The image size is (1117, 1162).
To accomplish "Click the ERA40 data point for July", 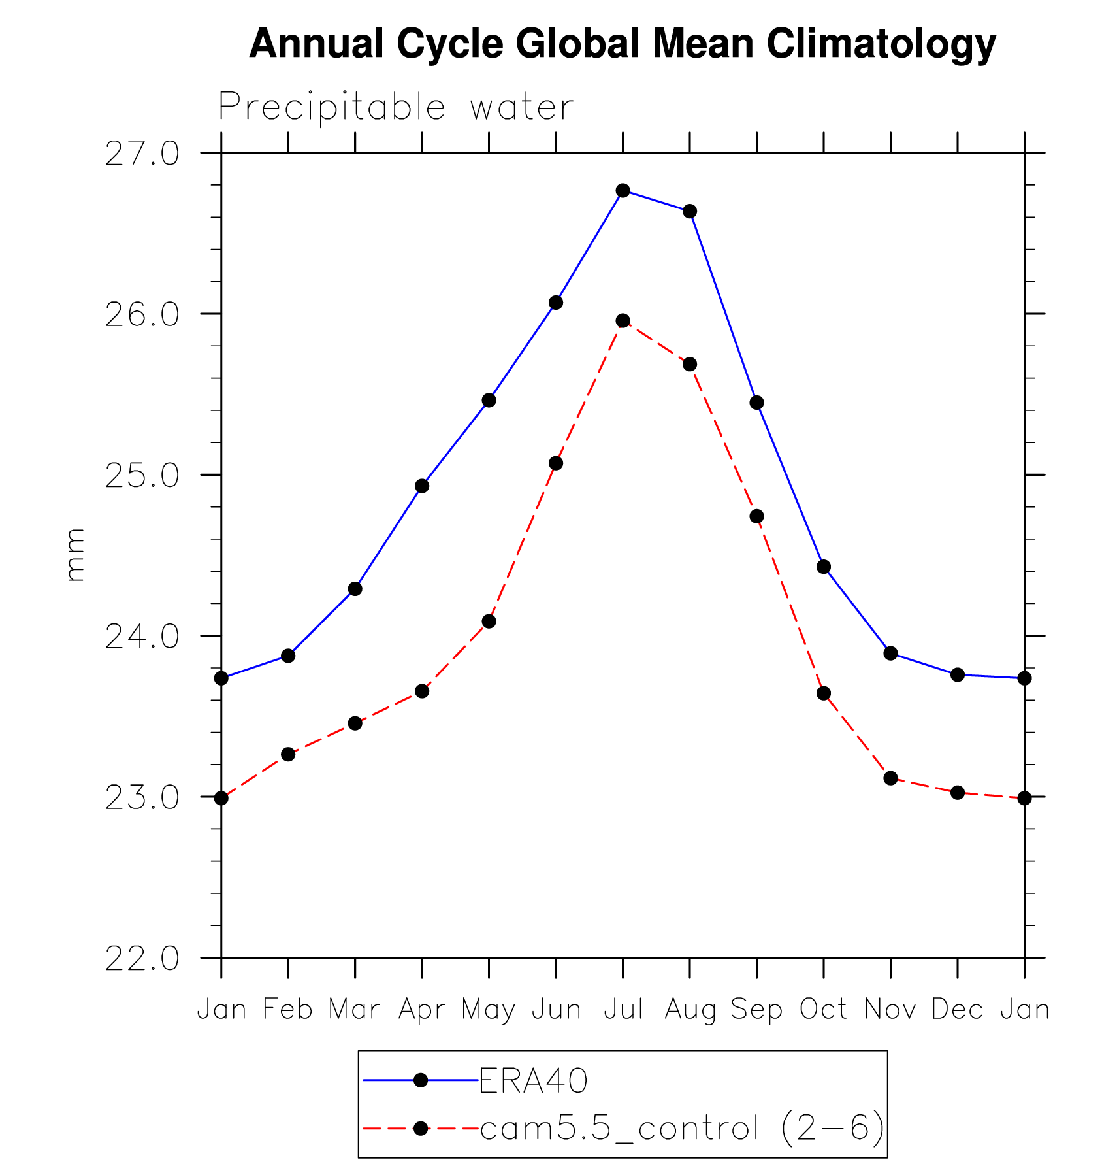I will point(623,190).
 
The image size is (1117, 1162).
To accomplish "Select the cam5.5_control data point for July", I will point(623,320).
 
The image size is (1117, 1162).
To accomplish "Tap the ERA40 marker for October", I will point(824,567).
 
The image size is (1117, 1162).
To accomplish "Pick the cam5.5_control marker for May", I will point(489,621).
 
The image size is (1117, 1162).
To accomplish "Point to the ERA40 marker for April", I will point(422,486).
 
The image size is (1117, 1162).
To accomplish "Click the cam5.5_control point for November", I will point(890,778).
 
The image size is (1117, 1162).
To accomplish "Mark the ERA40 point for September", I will point(756,403).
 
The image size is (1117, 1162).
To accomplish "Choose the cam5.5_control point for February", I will point(288,754).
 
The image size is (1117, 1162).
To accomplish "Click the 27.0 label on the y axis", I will point(142,154).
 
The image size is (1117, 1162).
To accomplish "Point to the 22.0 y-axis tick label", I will point(142,959).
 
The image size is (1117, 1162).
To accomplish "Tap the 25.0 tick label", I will point(142,476).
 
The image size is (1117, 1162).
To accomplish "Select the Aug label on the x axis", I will point(690,1010).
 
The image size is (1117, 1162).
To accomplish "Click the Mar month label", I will point(354,1009).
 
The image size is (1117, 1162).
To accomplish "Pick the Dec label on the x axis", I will point(957,1009).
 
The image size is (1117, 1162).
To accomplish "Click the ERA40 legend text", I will point(534,1081).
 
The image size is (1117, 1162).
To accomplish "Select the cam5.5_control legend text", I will point(682,1129).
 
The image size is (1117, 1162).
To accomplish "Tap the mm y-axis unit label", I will point(75,555).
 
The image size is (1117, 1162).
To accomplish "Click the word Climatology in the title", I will point(881,44).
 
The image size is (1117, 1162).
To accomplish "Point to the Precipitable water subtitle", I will point(396,107).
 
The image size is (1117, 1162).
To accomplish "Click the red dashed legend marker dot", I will point(421,1129).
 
